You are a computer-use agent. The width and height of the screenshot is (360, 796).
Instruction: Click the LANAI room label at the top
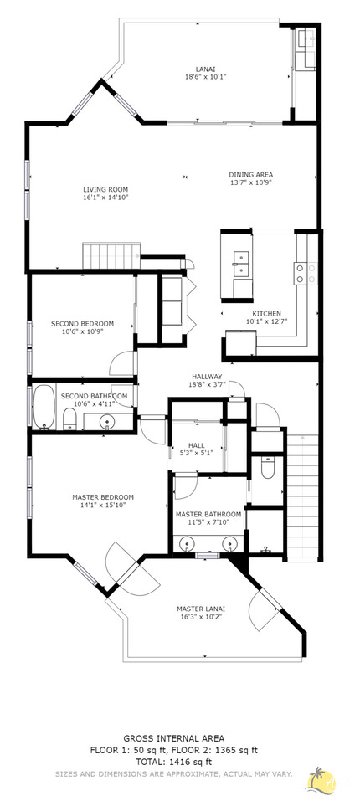point(206,73)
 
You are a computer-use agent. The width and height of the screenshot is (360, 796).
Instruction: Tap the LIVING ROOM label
point(105,194)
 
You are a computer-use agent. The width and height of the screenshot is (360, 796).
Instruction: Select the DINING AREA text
point(251,178)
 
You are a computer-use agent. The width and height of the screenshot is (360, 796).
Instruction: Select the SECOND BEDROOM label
point(82,326)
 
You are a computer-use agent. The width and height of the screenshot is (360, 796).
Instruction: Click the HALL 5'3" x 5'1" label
point(196,449)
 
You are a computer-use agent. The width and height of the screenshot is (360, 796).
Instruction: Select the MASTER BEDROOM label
point(103,501)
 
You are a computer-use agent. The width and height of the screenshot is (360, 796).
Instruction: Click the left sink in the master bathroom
point(185,543)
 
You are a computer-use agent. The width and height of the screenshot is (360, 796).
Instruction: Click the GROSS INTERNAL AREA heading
point(173,737)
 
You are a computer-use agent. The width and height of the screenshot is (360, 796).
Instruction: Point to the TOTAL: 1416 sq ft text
point(173,763)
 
